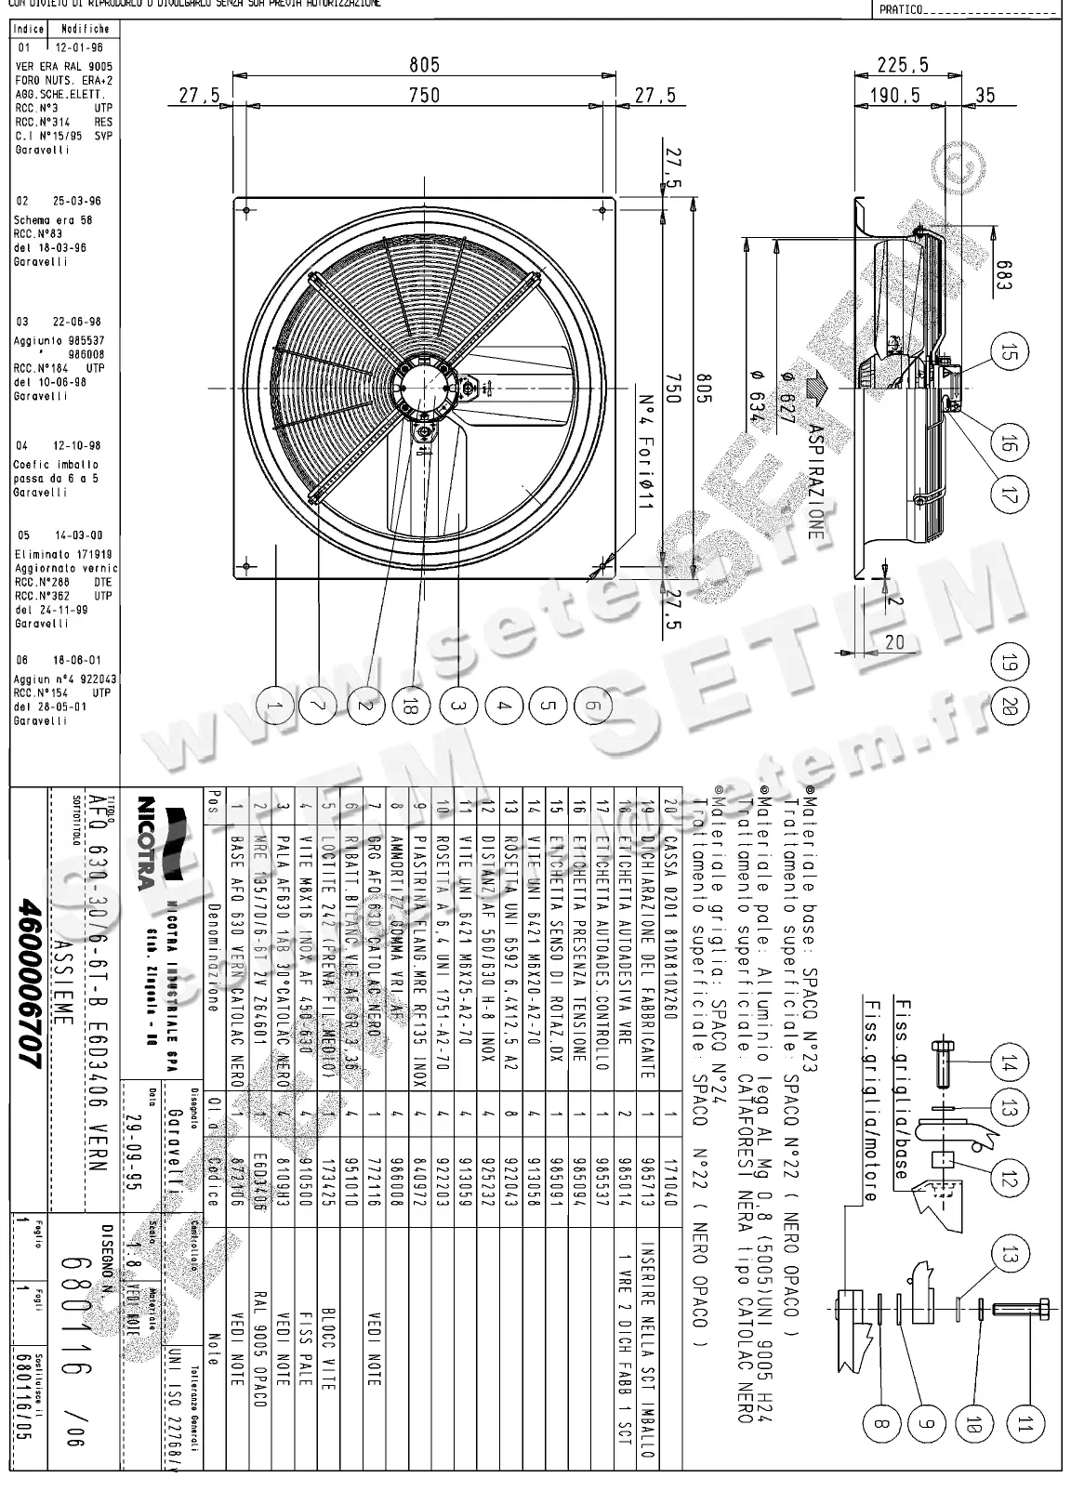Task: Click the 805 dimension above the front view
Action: pyautogui.click(x=424, y=65)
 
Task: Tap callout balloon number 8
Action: pyautogui.click(x=882, y=1422)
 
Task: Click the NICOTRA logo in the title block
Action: pyautogui.click(x=164, y=845)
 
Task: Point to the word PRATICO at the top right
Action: pyautogui.click(x=901, y=10)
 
